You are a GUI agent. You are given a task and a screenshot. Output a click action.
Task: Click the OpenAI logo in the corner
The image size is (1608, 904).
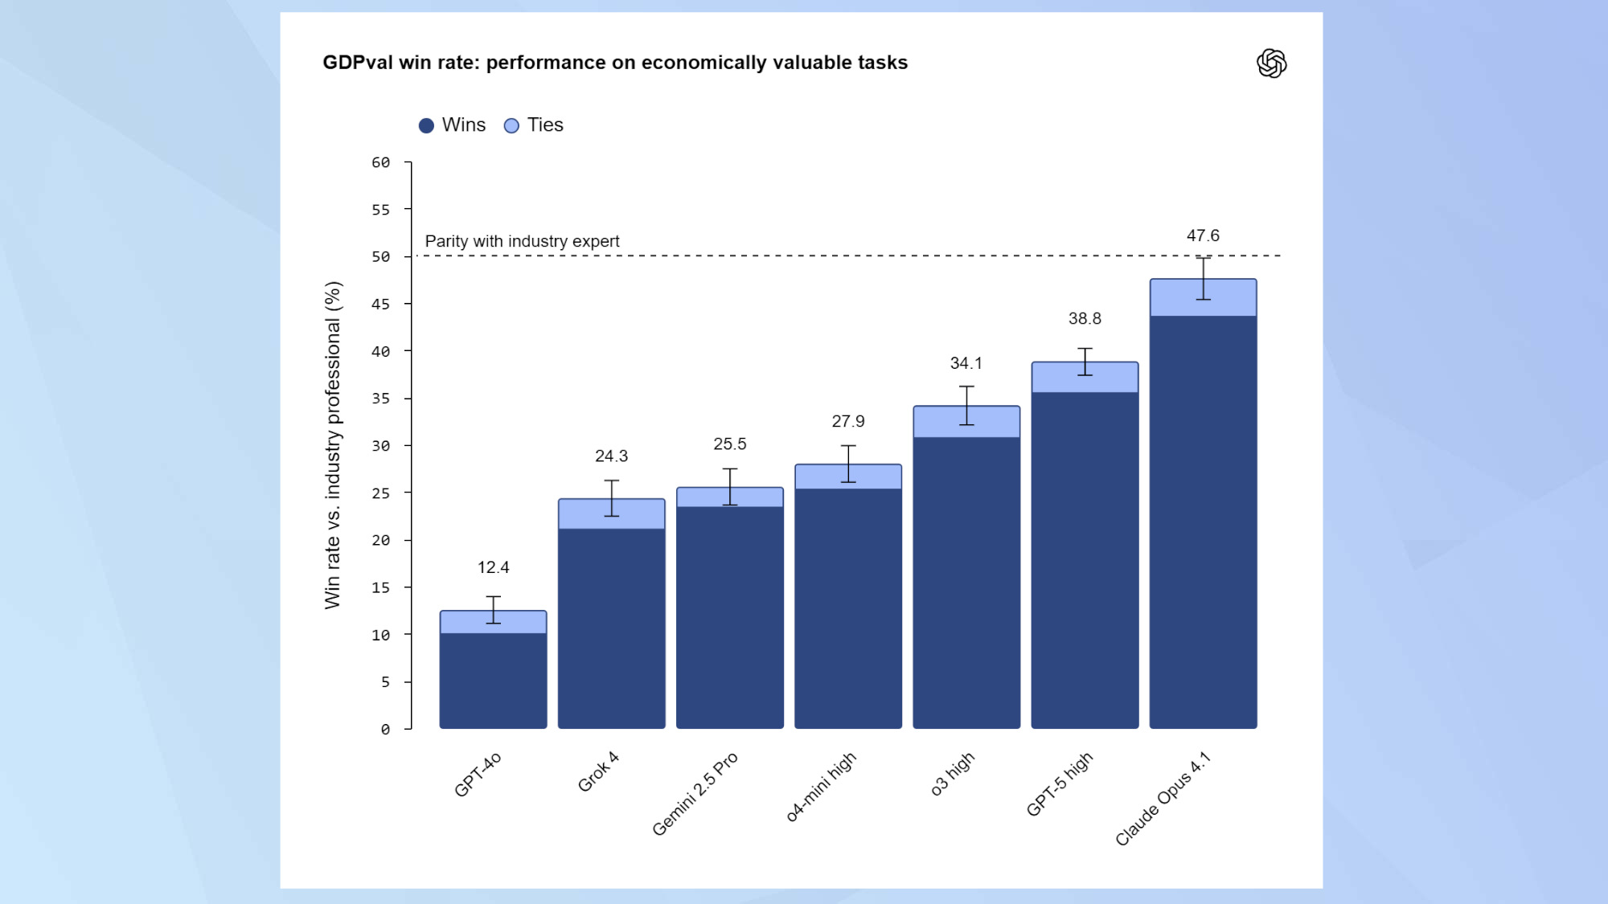[1271, 63]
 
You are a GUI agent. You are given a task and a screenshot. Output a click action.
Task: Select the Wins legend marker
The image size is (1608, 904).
[427, 125]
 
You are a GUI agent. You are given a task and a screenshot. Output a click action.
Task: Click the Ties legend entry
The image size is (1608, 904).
[535, 125]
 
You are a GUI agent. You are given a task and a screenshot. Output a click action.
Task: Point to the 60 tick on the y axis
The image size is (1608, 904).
[380, 163]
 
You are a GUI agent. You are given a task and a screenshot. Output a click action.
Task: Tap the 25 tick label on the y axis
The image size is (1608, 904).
[380, 493]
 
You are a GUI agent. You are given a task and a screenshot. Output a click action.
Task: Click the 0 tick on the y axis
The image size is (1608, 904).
[385, 730]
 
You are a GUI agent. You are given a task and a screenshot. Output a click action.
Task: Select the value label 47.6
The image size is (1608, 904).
[1203, 235]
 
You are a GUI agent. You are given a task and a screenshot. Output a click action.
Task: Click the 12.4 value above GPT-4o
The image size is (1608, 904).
[493, 567]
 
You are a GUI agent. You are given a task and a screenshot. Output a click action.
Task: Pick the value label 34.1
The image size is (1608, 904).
[966, 363]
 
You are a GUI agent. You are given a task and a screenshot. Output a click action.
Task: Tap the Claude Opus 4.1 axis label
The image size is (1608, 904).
[1163, 799]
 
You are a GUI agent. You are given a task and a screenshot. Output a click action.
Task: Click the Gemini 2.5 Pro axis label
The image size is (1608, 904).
[695, 794]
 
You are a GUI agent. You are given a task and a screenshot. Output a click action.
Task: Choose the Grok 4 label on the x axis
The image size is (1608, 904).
[598, 771]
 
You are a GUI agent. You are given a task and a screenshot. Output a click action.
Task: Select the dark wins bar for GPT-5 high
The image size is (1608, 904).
[1085, 562]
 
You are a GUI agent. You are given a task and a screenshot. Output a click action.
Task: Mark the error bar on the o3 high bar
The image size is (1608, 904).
[966, 406]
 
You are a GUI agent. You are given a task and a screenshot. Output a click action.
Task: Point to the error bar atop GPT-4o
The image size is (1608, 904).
[493, 610]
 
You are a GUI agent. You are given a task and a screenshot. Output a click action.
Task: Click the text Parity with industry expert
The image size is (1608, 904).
[522, 241]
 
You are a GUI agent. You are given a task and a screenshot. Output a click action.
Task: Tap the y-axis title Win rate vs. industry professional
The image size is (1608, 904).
[333, 444]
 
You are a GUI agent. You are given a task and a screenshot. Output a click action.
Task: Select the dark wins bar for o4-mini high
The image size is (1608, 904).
[847, 611]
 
